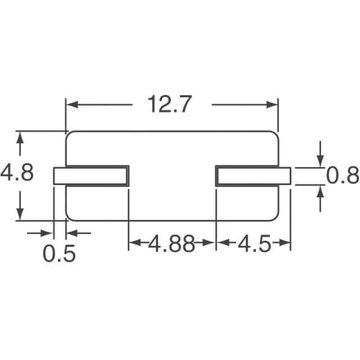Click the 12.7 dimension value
point(169,104)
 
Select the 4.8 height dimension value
point(17,172)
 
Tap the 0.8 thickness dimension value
point(343,175)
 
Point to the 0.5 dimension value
point(59,254)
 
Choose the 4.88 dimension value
point(172,243)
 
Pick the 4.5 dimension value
point(254,243)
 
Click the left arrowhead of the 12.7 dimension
point(72,105)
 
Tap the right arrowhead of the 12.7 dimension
point(272,105)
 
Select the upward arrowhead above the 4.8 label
point(20,138)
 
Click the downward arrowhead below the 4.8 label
point(20,214)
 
